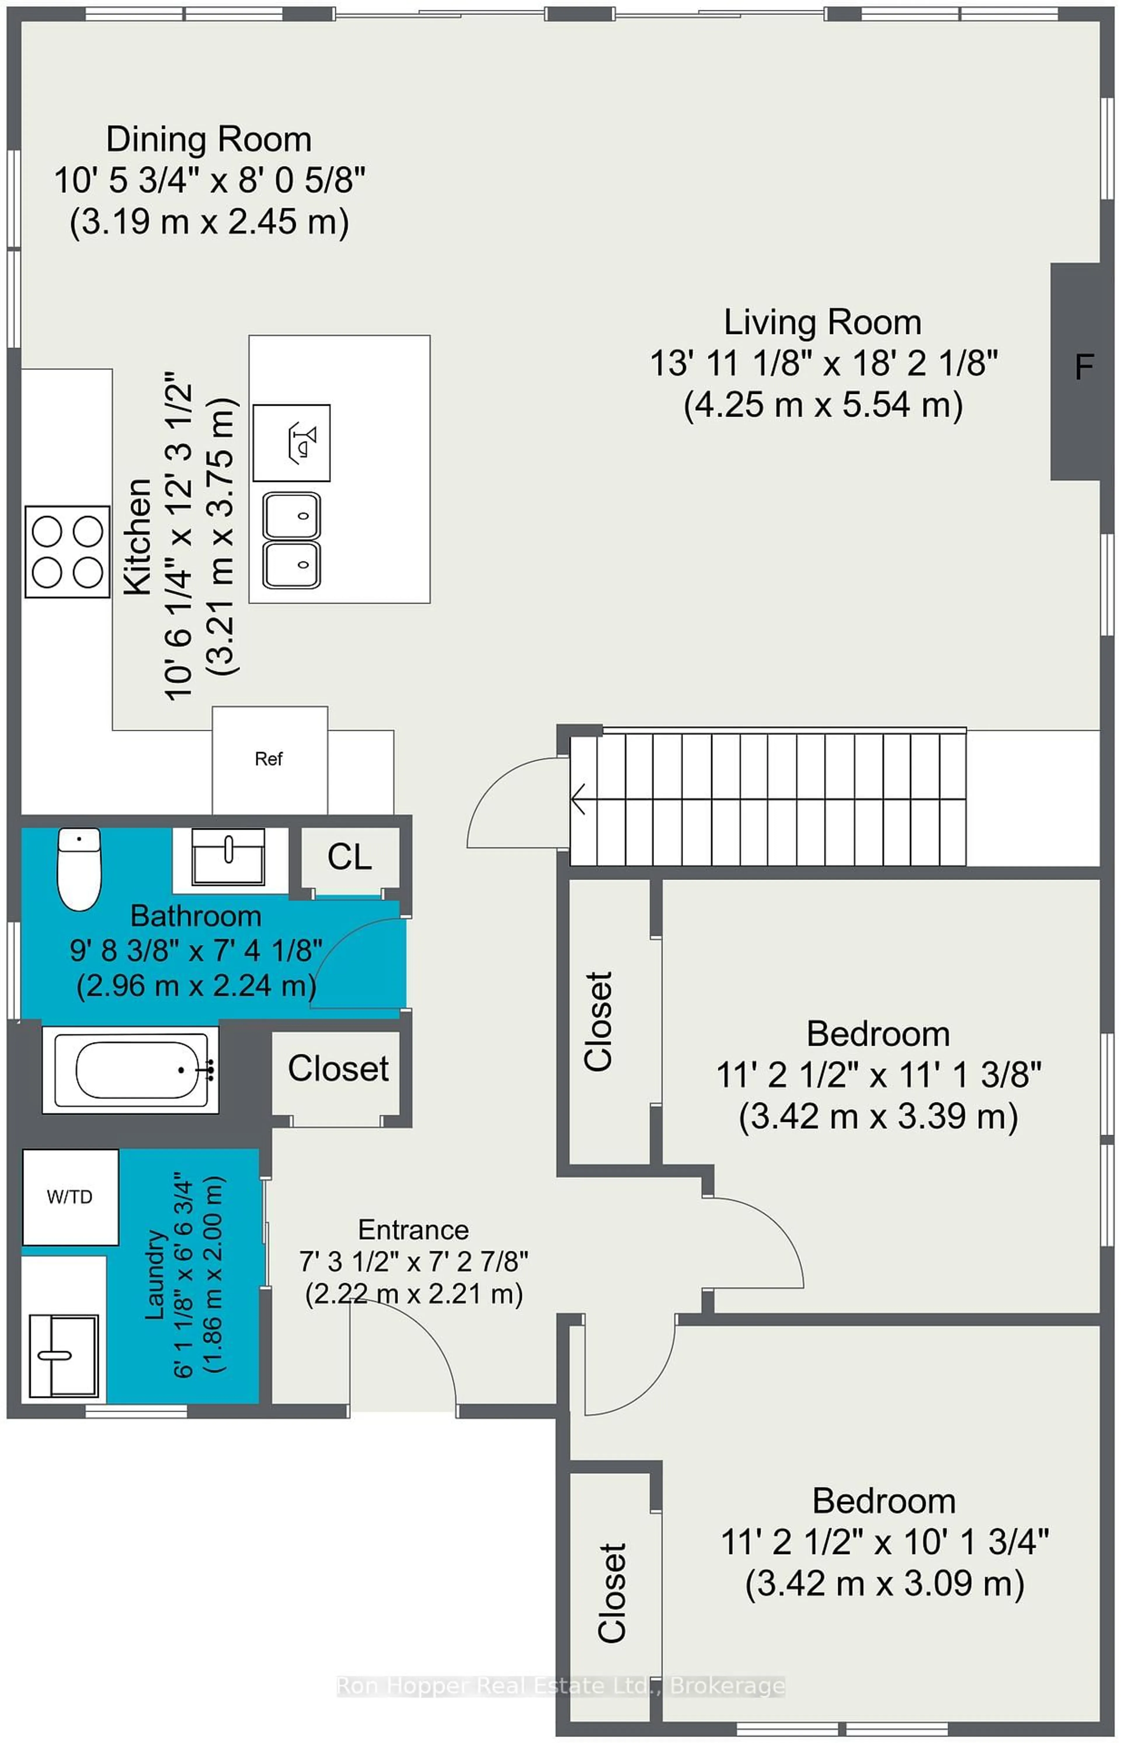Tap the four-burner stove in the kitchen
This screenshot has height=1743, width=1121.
tap(67, 551)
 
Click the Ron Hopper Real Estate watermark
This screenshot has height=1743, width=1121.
tap(560, 1685)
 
